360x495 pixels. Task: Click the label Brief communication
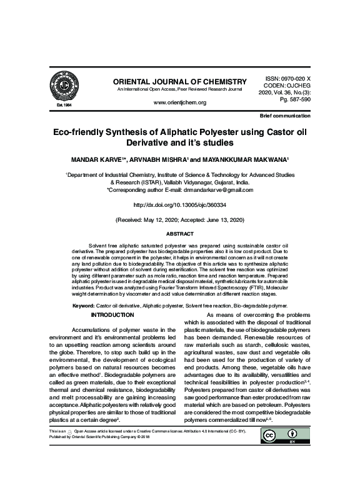[x=284, y=117]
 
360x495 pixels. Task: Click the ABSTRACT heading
[x=179, y=234]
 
